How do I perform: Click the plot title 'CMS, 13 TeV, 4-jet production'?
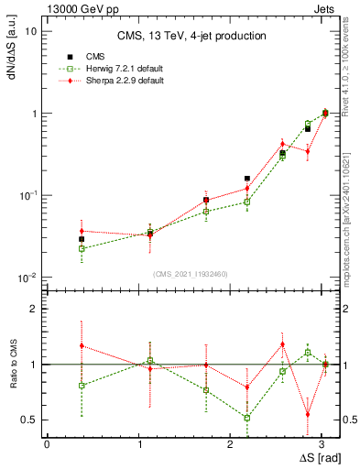pos(191,36)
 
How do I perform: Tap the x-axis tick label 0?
pos(47,442)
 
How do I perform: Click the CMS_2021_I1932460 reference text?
pos(190,273)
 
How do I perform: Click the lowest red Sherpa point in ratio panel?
pos(308,414)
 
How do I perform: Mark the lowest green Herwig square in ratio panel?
pos(247,418)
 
